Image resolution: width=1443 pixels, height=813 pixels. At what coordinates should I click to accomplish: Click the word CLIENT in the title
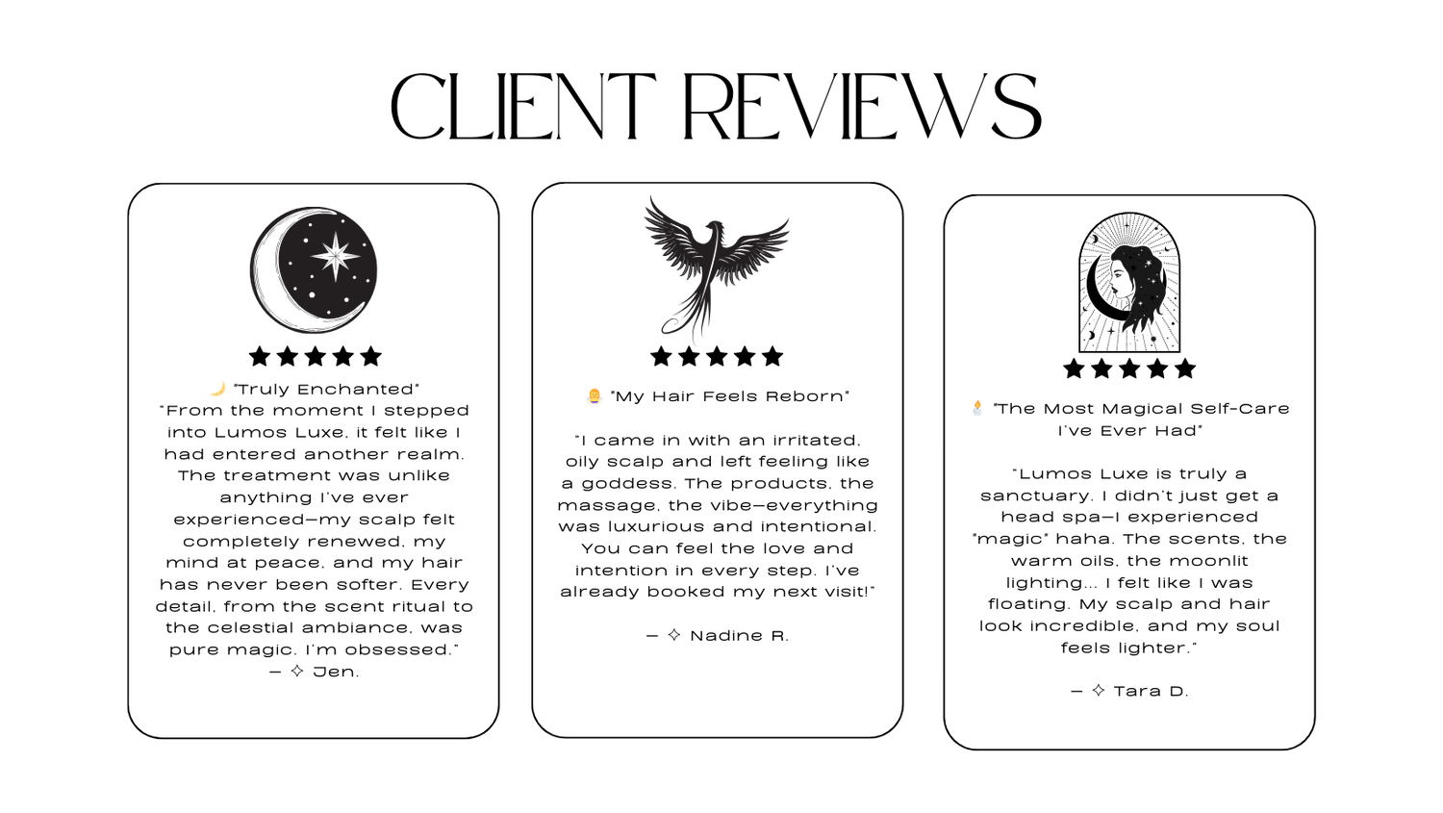point(523,107)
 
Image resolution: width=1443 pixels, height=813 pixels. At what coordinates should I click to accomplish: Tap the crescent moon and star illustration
point(314,270)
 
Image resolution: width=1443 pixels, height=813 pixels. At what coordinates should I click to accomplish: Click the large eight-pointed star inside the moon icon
point(335,256)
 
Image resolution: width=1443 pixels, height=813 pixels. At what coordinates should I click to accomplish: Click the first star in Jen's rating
point(260,356)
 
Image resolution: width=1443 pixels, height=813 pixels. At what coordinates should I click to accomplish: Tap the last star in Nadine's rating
point(772,356)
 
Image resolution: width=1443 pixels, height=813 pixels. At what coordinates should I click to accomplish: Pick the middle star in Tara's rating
point(1129,368)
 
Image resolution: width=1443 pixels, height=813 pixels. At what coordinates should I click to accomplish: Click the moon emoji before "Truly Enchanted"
point(218,389)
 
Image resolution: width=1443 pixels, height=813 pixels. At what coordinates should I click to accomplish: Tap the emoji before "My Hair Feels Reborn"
point(594,395)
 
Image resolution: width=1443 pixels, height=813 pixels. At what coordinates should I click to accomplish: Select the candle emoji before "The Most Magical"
point(977,408)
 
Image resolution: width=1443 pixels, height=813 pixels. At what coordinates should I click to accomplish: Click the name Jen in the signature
point(335,672)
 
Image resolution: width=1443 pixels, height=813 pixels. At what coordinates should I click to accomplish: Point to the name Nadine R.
point(740,636)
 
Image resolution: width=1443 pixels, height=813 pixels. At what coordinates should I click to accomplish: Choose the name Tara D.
point(1152,691)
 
